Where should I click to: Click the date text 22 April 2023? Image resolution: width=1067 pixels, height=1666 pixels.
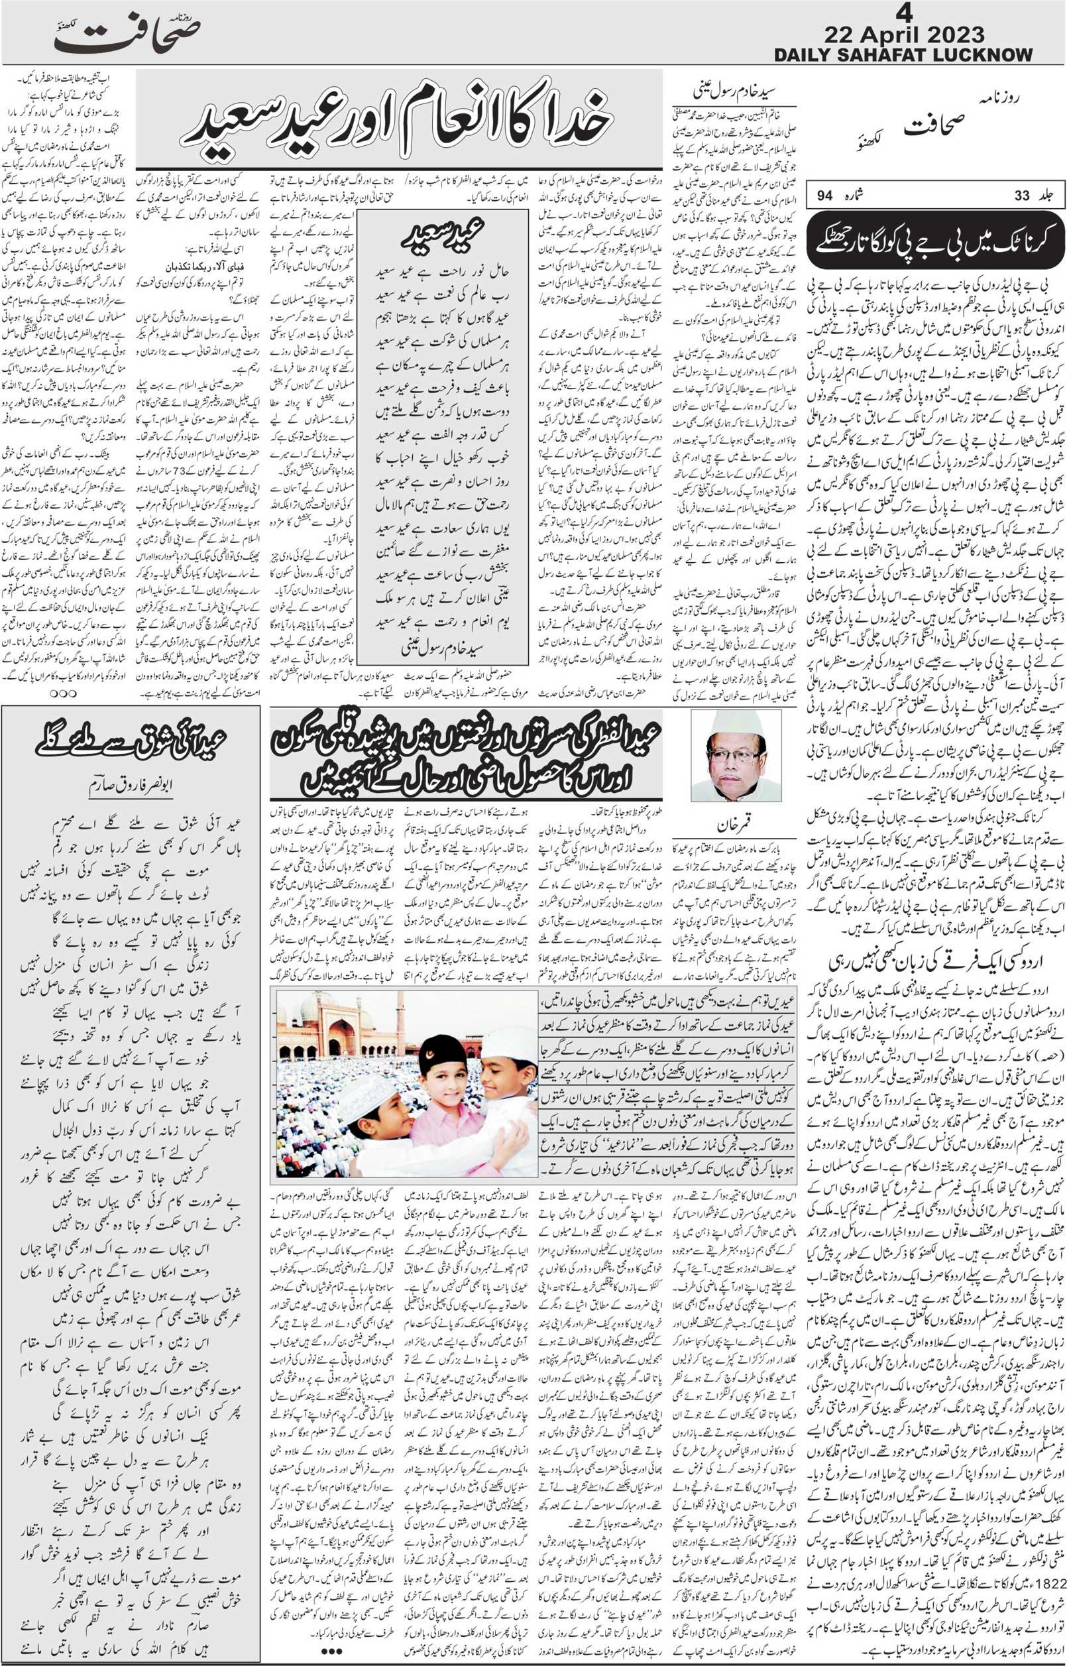[904, 34]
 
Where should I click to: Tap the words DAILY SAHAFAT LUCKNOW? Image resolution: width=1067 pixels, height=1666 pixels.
[903, 55]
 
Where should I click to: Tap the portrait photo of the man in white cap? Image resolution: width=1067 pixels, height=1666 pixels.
[736, 756]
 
